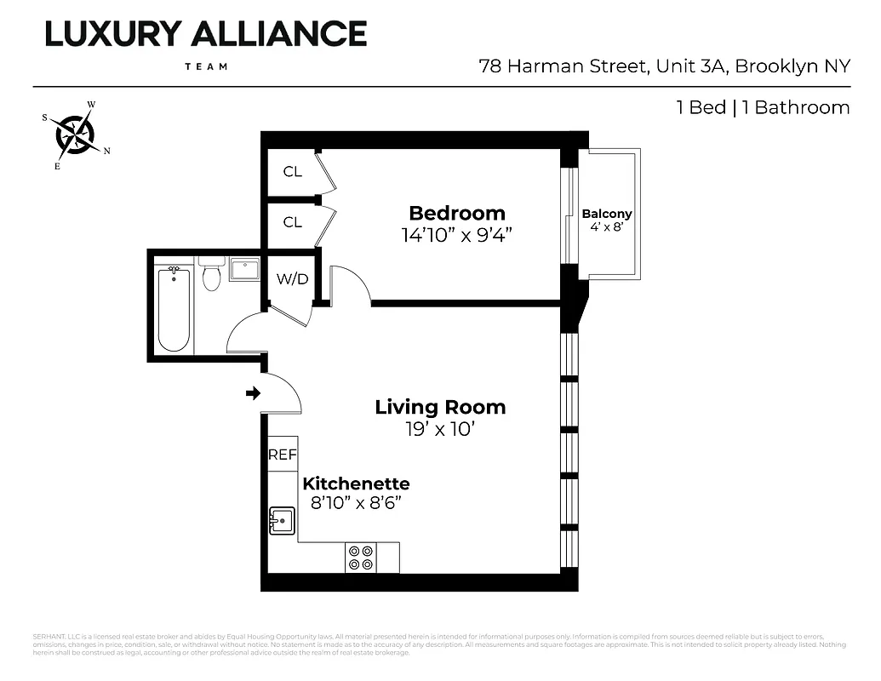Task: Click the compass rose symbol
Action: click(x=75, y=134)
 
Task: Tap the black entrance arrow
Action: click(x=252, y=393)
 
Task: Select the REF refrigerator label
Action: click(x=283, y=455)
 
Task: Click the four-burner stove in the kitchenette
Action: click(x=361, y=557)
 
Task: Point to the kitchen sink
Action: click(x=281, y=519)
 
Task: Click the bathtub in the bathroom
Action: click(x=174, y=308)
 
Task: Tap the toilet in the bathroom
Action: click(x=212, y=274)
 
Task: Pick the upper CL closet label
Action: click(x=292, y=172)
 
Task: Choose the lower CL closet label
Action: click(x=292, y=222)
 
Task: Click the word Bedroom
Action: click(x=457, y=213)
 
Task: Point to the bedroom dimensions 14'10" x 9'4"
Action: click(x=457, y=235)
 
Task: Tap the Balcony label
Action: click(x=607, y=214)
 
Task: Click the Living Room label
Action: click(x=440, y=407)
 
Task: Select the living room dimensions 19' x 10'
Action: click(x=440, y=429)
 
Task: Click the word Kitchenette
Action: click(x=356, y=484)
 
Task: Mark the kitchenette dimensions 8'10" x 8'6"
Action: click(x=356, y=503)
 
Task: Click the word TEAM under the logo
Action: click(x=205, y=66)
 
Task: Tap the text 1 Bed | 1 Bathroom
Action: click(x=763, y=107)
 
